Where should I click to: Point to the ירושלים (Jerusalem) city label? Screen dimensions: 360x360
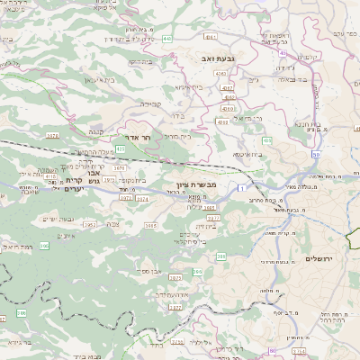tap(320, 259)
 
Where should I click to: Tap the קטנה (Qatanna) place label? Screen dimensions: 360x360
tap(94, 131)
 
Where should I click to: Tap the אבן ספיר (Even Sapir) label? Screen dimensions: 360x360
tap(149, 270)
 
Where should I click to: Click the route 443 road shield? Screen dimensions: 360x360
tap(168, 39)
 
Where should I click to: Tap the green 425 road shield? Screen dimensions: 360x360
tap(120, 148)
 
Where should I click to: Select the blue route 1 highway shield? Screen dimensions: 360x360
tap(241, 187)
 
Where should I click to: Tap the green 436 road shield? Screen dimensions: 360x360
tap(266, 141)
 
